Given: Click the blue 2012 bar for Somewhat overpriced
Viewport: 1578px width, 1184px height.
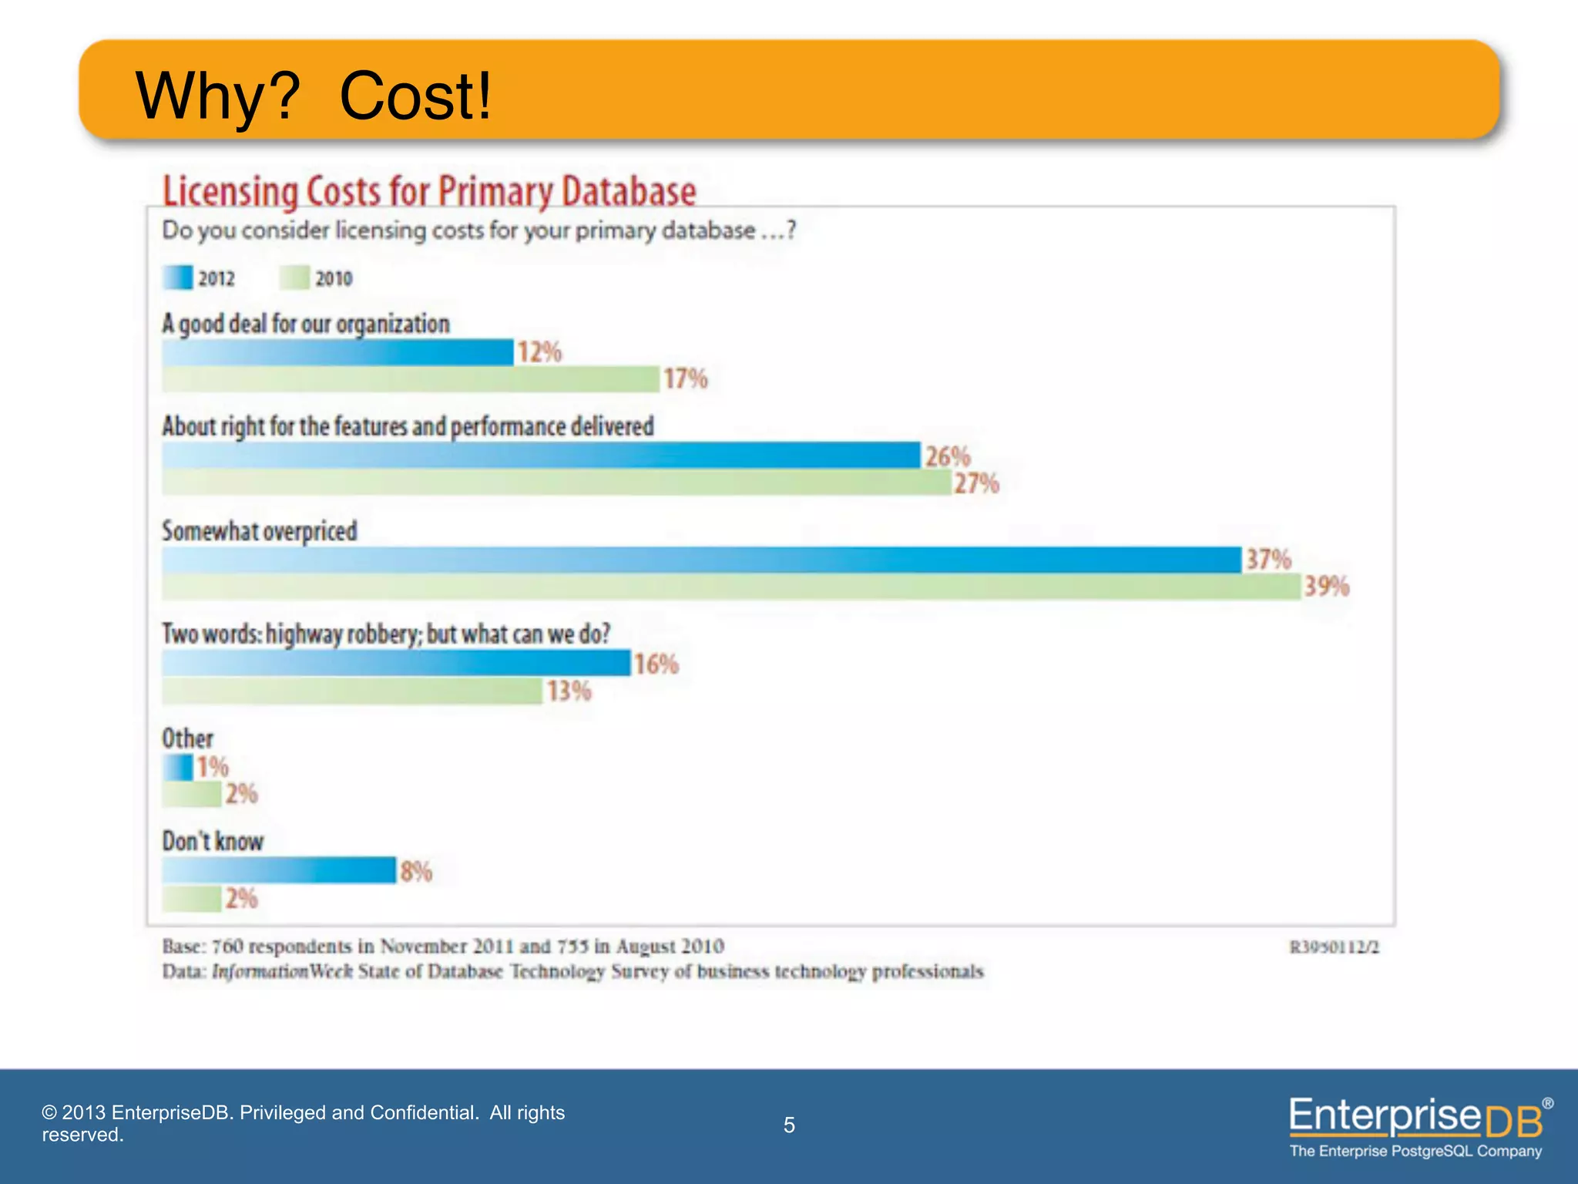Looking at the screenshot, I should click(701, 560).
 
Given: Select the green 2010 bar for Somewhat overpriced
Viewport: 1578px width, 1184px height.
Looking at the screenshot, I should click(730, 587).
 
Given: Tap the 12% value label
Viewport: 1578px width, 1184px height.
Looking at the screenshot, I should click(539, 352).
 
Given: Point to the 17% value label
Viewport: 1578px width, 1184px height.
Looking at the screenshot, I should click(685, 378).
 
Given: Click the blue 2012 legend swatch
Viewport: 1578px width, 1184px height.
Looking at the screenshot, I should click(177, 277).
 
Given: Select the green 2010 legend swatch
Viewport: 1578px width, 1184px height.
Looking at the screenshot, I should click(294, 277).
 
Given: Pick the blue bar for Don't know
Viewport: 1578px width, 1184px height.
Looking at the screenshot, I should click(279, 870).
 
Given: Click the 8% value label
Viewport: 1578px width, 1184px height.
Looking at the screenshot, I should click(415, 872).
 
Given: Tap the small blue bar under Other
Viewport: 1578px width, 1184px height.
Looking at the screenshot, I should click(177, 767).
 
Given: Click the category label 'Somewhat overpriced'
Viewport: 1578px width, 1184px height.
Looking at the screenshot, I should click(260, 531).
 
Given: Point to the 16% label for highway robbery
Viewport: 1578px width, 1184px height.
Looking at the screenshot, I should click(656, 664).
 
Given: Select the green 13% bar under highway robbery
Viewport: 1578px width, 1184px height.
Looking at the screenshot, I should click(352, 691).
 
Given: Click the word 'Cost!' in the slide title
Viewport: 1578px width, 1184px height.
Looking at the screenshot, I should click(415, 96).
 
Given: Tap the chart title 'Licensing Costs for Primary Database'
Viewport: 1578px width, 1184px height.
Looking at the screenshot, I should click(429, 191).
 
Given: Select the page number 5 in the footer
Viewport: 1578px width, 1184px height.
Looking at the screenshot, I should click(789, 1125).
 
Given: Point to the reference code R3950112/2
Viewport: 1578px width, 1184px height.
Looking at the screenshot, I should click(1334, 947).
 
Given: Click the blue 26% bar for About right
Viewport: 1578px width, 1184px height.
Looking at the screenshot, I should click(541, 456).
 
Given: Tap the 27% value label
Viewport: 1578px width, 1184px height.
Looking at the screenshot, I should click(976, 483).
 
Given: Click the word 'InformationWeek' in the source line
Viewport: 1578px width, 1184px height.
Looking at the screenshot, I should click(282, 971).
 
